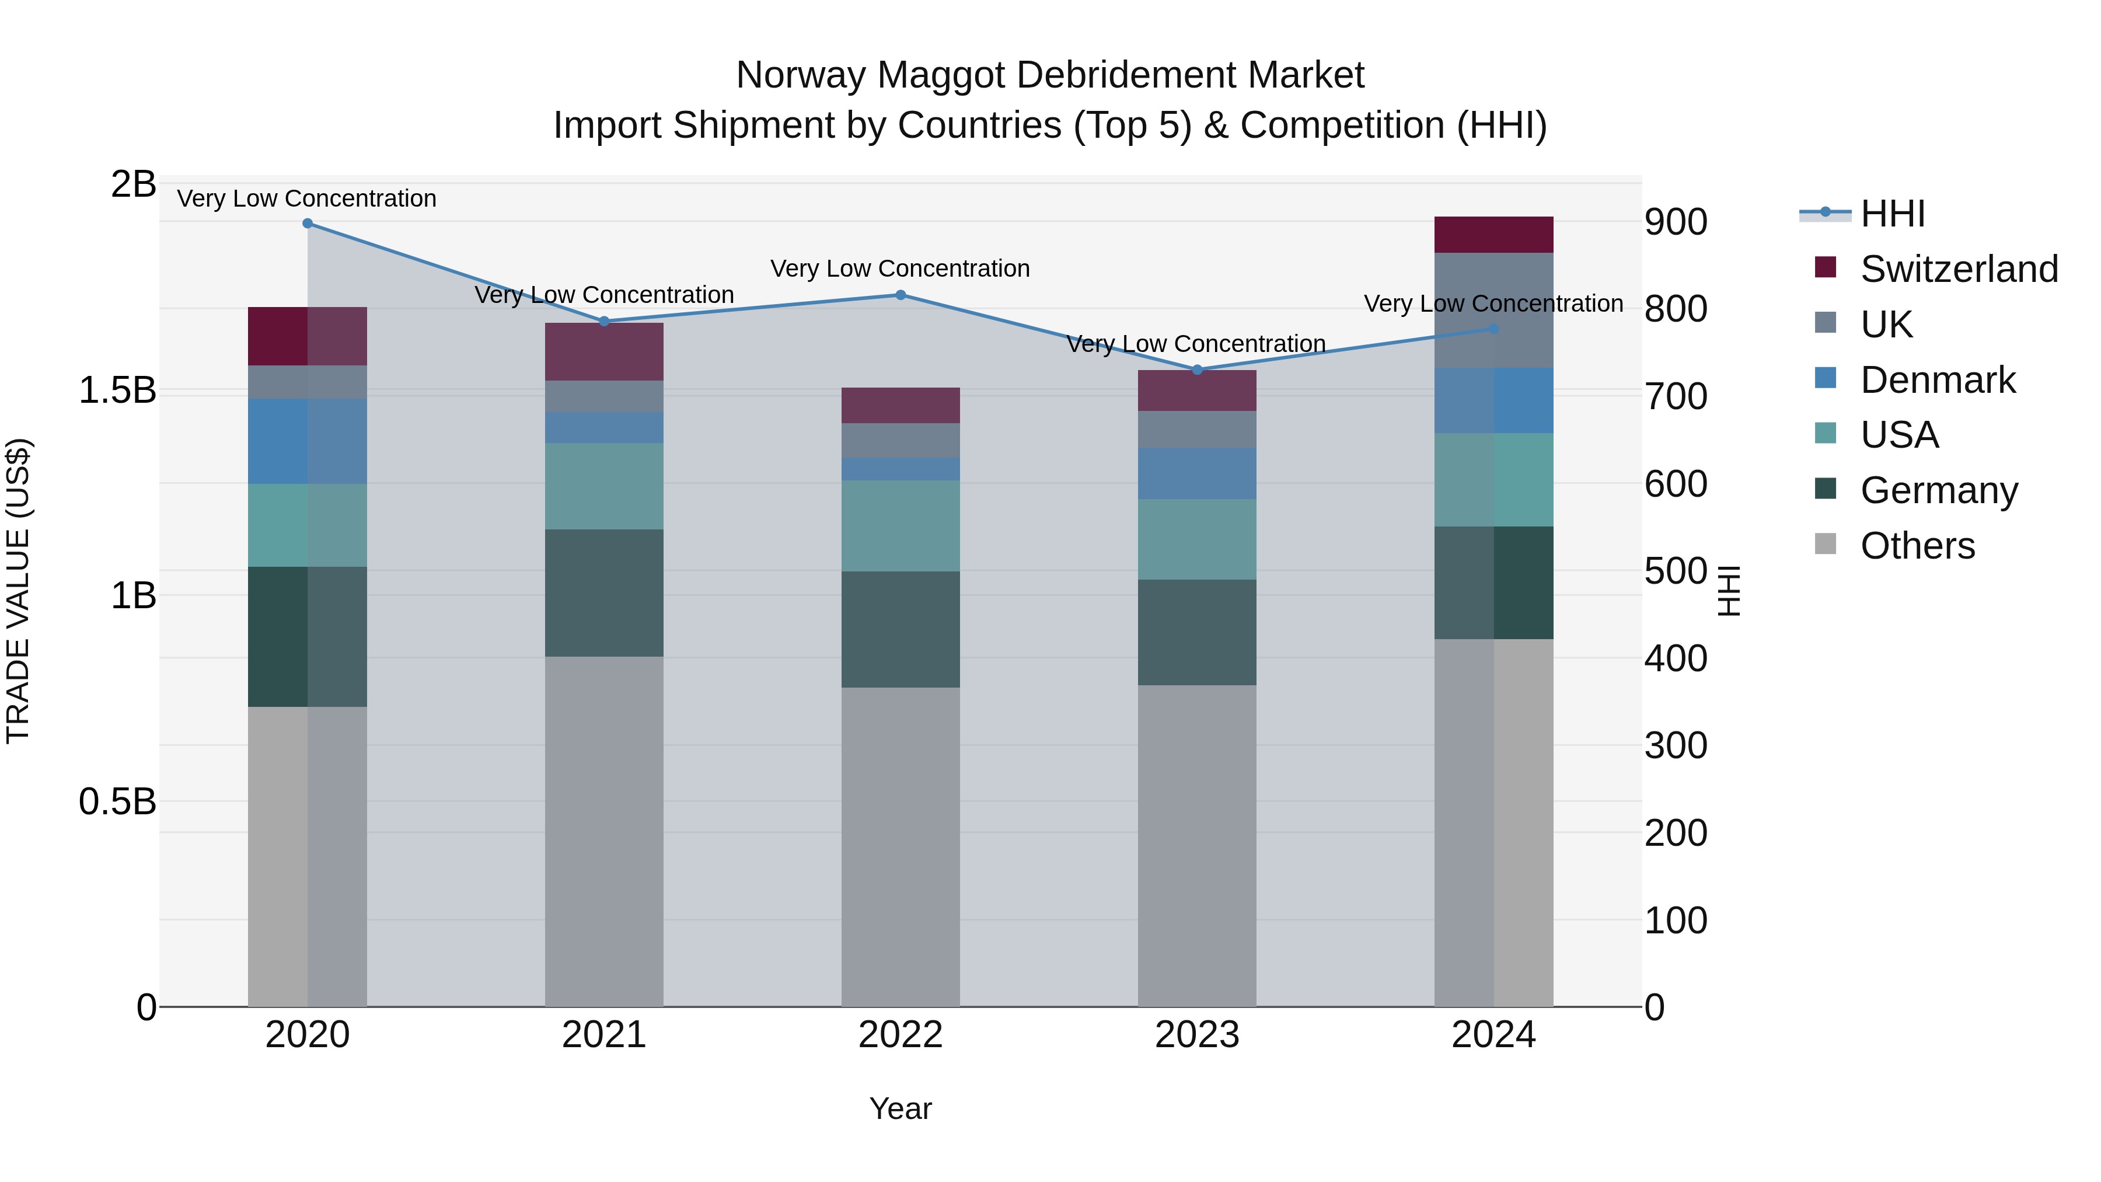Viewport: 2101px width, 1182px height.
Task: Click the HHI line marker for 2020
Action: click(308, 224)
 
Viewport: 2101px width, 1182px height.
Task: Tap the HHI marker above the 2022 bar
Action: click(901, 295)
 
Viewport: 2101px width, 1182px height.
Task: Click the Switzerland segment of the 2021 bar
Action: click(603, 351)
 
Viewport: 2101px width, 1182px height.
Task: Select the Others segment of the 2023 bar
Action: click(1196, 845)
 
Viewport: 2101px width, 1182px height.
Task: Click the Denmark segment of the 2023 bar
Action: click(1196, 473)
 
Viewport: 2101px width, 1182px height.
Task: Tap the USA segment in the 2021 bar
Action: click(603, 486)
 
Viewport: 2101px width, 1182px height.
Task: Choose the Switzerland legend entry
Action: click(1958, 269)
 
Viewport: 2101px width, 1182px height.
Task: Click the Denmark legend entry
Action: click(1937, 380)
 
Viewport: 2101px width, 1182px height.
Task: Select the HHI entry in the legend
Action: click(1892, 214)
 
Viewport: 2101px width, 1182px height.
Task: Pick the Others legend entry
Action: click(1917, 546)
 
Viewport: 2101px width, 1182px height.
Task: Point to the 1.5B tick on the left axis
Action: click(117, 390)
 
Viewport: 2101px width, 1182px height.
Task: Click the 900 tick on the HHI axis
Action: click(1675, 222)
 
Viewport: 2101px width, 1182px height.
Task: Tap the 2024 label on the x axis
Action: click(1493, 1035)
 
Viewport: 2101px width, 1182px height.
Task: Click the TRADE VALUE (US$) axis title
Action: click(18, 591)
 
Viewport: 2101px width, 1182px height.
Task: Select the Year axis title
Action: click(901, 1108)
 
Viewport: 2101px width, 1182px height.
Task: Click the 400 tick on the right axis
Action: click(1675, 658)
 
